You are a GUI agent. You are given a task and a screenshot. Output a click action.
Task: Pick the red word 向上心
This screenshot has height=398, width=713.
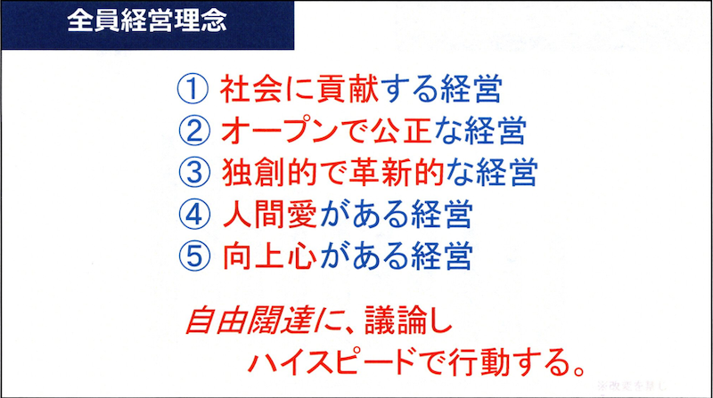tap(259, 256)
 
